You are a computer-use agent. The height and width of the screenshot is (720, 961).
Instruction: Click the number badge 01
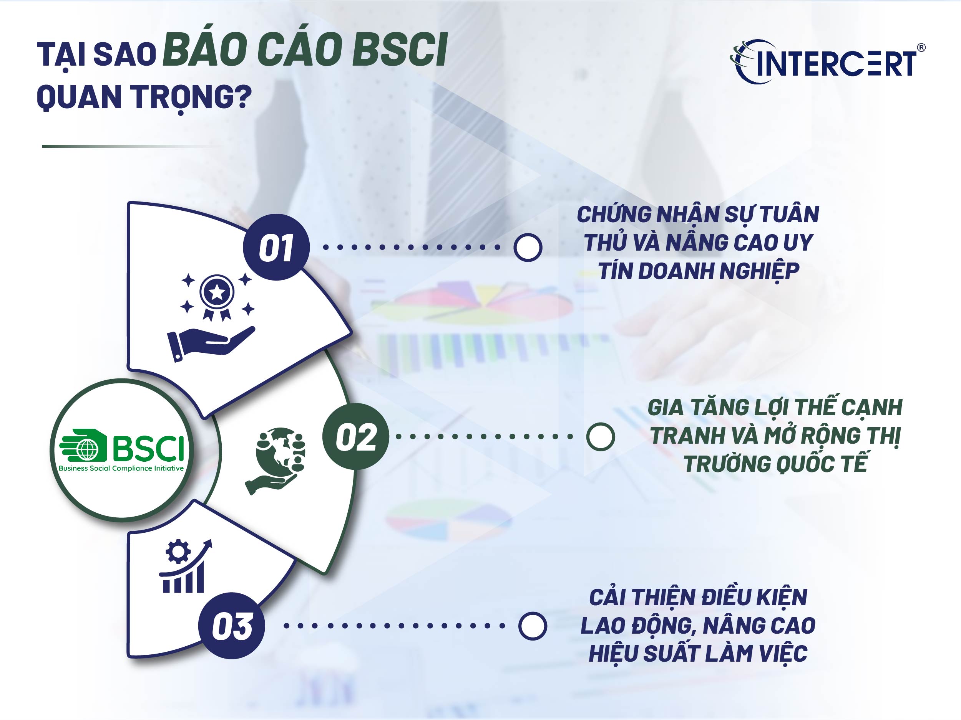pyautogui.click(x=276, y=248)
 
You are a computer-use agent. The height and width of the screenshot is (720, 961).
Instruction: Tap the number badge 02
pyautogui.click(x=355, y=436)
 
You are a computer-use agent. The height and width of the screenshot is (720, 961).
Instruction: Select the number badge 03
pyautogui.click(x=232, y=625)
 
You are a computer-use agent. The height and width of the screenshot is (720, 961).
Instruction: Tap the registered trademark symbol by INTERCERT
pyautogui.click(x=921, y=48)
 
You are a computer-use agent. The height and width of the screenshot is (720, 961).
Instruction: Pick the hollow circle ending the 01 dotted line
pyautogui.click(x=528, y=248)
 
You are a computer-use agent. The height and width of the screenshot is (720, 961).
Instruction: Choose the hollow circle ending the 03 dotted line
pyautogui.click(x=532, y=626)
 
